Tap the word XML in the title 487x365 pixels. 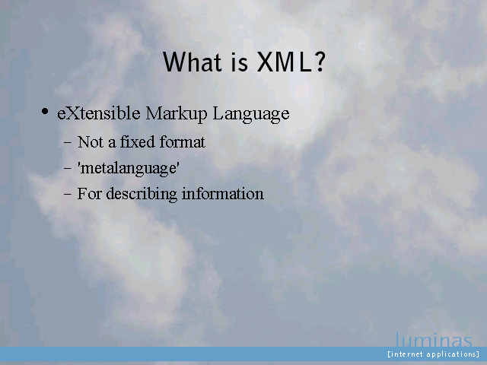tap(284, 62)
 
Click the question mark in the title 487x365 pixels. tap(320, 62)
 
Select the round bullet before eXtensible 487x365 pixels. tap(45, 111)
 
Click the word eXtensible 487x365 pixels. tap(99, 113)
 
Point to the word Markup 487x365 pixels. tap(177, 114)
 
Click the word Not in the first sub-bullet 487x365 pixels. tap(90, 142)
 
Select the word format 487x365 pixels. tap(183, 141)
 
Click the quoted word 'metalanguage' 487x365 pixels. tap(129, 168)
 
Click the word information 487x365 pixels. tap(223, 194)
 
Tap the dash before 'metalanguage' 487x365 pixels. tap(68, 169)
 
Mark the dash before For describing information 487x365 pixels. tap(68, 195)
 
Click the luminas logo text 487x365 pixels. tap(434, 340)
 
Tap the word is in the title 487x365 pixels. tap(240, 62)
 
